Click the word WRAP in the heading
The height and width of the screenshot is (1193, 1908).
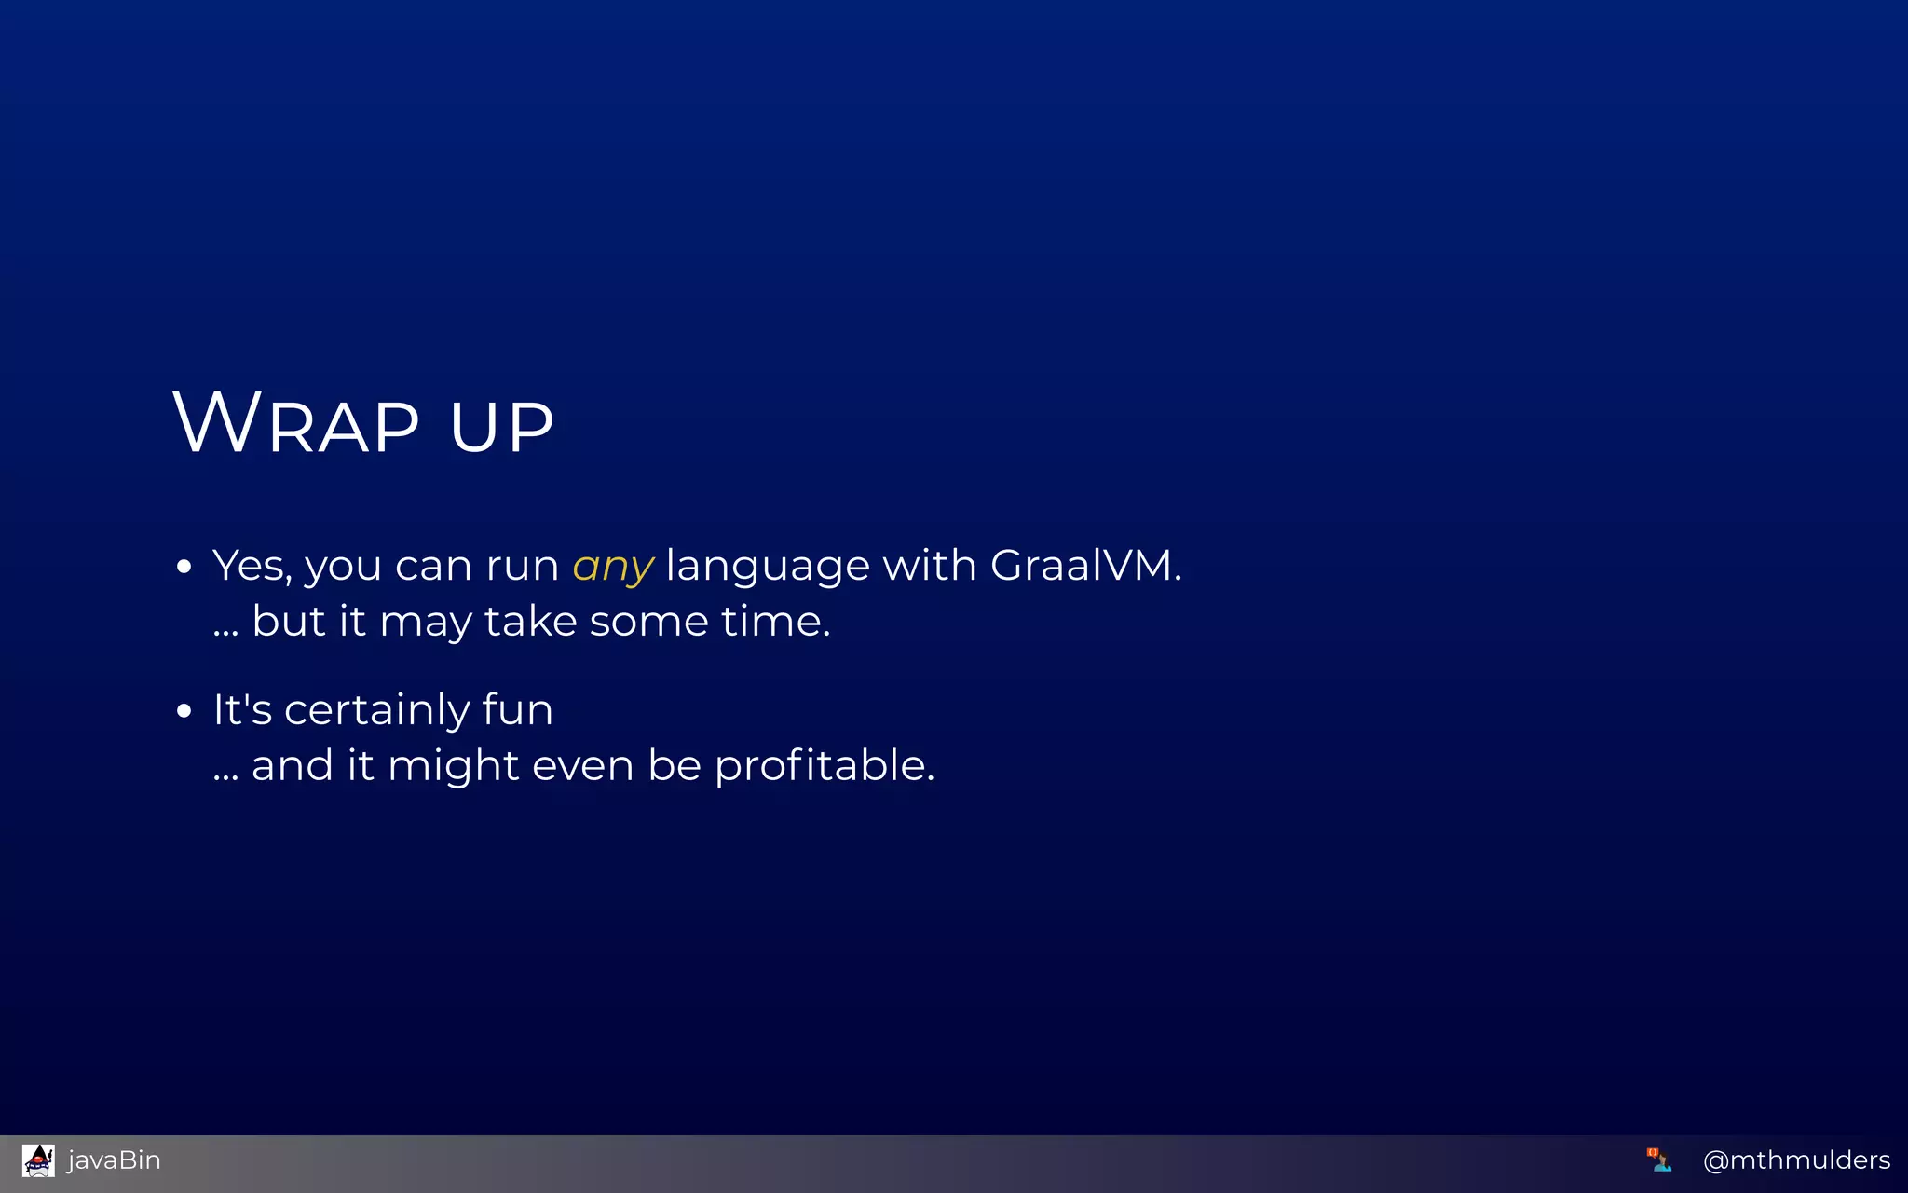pyautogui.click(x=296, y=423)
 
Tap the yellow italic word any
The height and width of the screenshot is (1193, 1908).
pyautogui.click(x=613, y=567)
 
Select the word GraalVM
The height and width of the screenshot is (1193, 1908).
pyautogui.click(x=1085, y=565)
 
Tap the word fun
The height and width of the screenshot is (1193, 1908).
pyautogui.click(x=517, y=709)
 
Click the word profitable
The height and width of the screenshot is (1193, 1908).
pyautogui.click(x=824, y=766)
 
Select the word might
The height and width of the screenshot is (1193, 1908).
pyautogui.click(x=453, y=766)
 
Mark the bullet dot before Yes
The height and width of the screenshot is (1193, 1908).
pyautogui.click(x=184, y=566)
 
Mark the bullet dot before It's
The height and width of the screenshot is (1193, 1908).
pyautogui.click(x=184, y=711)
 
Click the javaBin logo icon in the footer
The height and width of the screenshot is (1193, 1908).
pyautogui.click(x=38, y=1160)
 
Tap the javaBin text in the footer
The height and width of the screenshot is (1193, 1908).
pyautogui.click(x=114, y=1160)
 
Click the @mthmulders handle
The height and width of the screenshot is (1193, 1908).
pyautogui.click(x=1796, y=1160)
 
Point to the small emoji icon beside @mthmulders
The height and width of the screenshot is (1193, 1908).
pyautogui.click(x=1658, y=1159)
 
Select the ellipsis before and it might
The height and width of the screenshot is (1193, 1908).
pyautogui.click(x=225, y=777)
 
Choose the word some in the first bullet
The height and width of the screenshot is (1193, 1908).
pyautogui.click(x=648, y=621)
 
